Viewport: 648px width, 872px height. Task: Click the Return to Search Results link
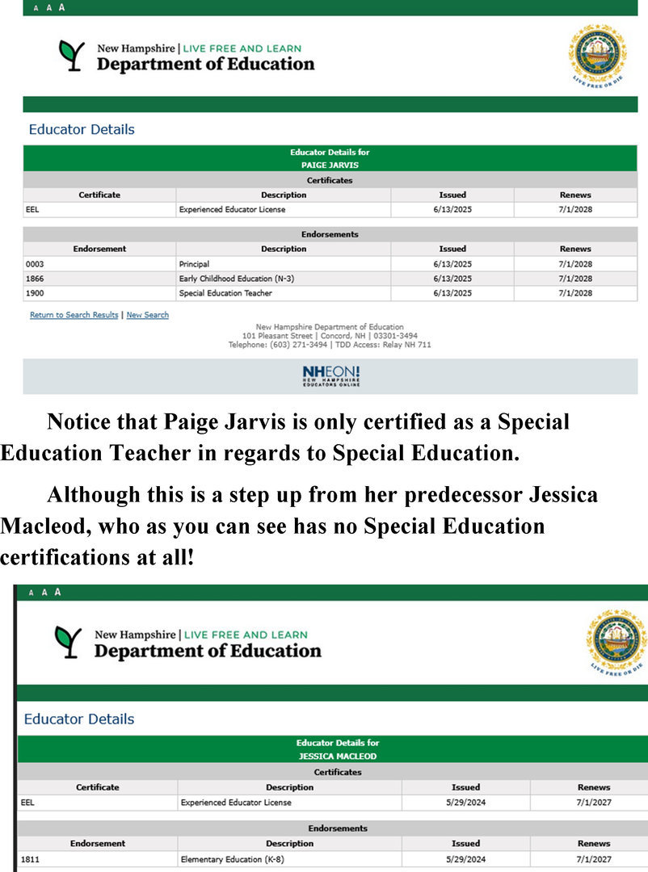[74, 315]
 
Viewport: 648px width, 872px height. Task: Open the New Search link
[147, 315]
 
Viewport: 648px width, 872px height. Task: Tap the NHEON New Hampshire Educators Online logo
[330, 375]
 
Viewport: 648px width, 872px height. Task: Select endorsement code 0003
[35, 264]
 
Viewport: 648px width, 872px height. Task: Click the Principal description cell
[194, 264]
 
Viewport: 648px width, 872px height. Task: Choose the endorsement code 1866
[35, 279]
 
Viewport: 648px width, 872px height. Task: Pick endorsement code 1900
[35, 293]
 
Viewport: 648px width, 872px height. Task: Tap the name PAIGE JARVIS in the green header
[330, 165]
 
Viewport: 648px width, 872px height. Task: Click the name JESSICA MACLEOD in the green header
[337, 757]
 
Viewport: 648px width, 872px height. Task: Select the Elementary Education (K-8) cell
[232, 859]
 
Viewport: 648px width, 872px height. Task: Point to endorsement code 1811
[30, 859]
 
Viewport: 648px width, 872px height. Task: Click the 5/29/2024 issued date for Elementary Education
[465, 859]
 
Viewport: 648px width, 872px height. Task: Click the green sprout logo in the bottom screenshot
[69, 642]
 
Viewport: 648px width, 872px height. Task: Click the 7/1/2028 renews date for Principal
[575, 264]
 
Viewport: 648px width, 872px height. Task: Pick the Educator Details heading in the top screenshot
[82, 129]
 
